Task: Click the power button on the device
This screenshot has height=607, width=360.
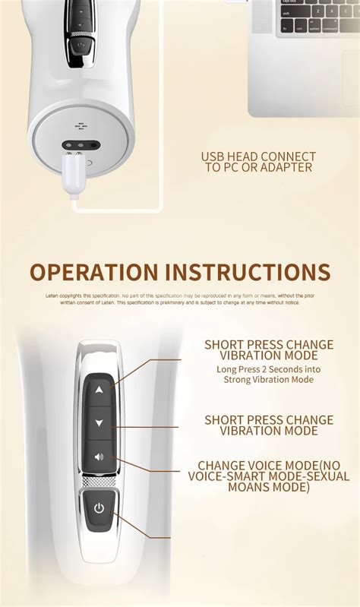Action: click(x=99, y=508)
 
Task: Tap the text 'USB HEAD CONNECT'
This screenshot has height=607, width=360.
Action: click(x=258, y=156)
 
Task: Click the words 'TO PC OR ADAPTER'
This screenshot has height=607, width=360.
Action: click(x=258, y=167)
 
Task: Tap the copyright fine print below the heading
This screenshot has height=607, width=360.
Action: click(x=179, y=299)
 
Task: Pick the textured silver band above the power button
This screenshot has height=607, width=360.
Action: click(x=99, y=481)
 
